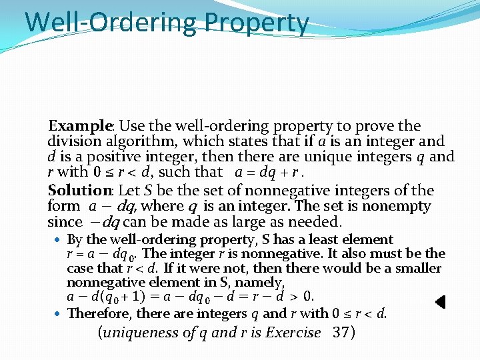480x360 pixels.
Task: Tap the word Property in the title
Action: (x=257, y=22)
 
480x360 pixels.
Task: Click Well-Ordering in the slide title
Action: (x=111, y=22)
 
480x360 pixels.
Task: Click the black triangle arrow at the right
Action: (x=440, y=302)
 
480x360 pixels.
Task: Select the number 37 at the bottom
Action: (x=343, y=333)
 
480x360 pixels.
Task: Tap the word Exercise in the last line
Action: (x=293, y=333)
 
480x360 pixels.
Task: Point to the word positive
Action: (x=106, y=158)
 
